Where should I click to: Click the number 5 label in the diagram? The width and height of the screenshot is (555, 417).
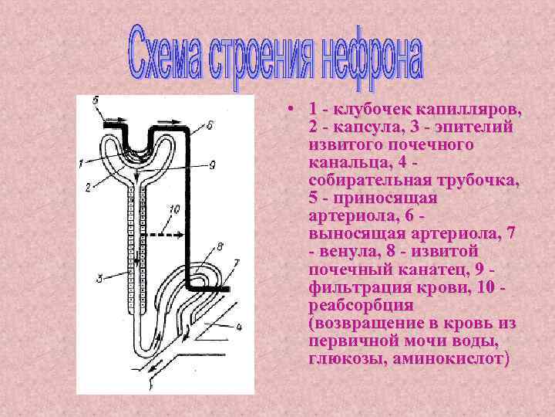[94, 100]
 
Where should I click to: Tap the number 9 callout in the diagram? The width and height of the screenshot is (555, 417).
[210, 164]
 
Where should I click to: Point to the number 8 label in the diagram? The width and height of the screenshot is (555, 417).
[219, 247]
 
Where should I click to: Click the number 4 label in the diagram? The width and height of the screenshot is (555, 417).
[238, 327]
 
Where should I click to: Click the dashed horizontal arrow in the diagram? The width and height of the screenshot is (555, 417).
[169, 232]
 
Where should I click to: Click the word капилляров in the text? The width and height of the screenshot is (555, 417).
[468, 108]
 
